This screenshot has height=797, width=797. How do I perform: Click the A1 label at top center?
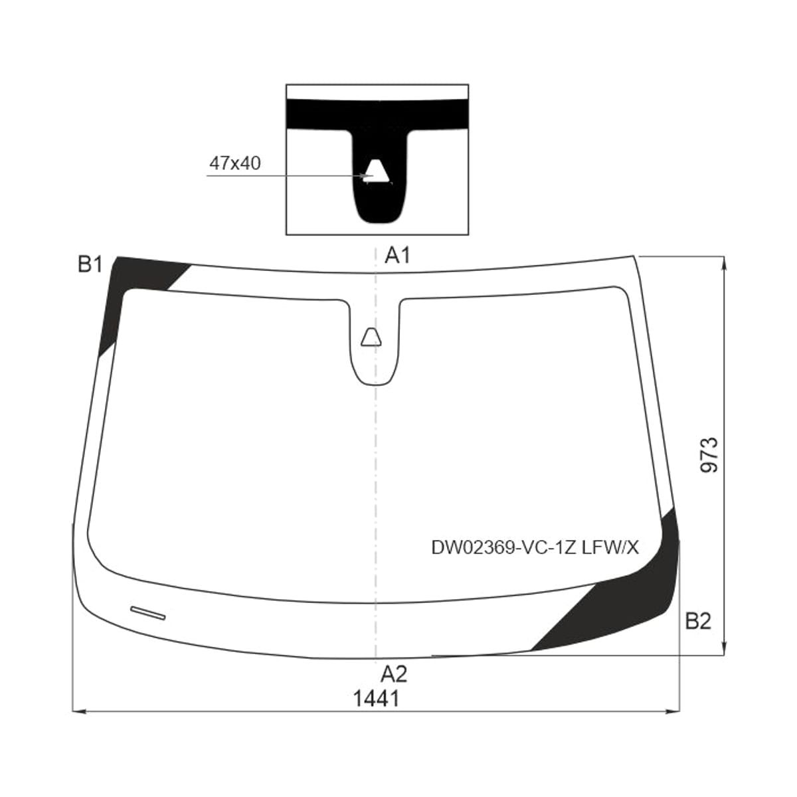(397, 255)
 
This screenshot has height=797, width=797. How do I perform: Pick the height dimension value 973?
(710, 455)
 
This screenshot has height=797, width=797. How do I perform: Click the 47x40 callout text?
(235, 163)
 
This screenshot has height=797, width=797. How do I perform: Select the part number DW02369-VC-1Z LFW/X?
(535, 547)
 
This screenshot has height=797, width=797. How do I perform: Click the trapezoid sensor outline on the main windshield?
(371, 337)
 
